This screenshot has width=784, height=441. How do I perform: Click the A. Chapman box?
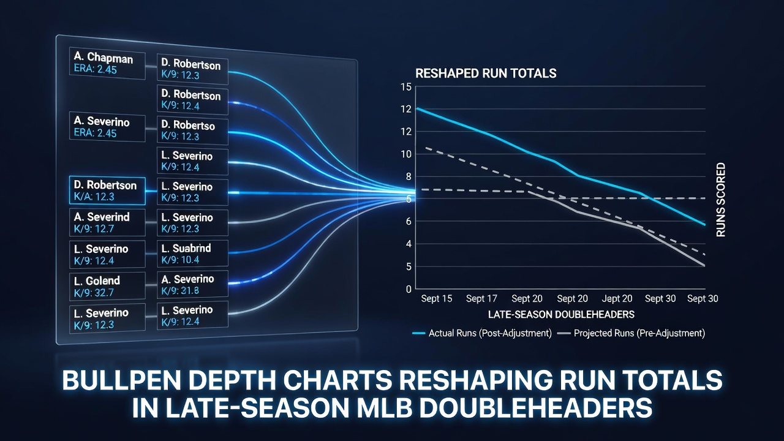point(107,63)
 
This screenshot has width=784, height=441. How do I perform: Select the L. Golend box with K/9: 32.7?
point(107,286)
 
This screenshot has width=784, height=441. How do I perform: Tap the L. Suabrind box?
point(192,254)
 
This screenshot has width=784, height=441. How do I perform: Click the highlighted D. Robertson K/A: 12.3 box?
point(107,190)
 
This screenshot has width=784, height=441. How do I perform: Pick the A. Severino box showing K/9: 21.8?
point(192,285)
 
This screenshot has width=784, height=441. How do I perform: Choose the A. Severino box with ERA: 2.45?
point(107,127)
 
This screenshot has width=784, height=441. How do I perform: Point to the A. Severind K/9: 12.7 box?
point(107,222)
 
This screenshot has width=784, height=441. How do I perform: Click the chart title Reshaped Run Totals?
point(486,73)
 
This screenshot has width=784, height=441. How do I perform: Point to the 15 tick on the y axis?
point(406,87)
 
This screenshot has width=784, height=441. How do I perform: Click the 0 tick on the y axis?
point(409,290)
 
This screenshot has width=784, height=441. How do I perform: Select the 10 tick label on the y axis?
point(406,154)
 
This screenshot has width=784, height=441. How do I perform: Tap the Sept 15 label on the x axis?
point(437,298)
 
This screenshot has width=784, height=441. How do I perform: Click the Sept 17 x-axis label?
point(481,298)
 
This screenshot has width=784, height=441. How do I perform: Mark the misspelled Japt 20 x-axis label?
point(617,298)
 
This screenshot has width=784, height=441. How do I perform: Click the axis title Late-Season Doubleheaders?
point(561,315)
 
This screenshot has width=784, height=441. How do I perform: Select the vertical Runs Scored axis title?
point(721,200)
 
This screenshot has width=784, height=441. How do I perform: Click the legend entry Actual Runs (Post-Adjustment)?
point(482,333)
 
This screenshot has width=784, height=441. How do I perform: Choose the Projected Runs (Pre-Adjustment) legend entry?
point(631,333)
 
